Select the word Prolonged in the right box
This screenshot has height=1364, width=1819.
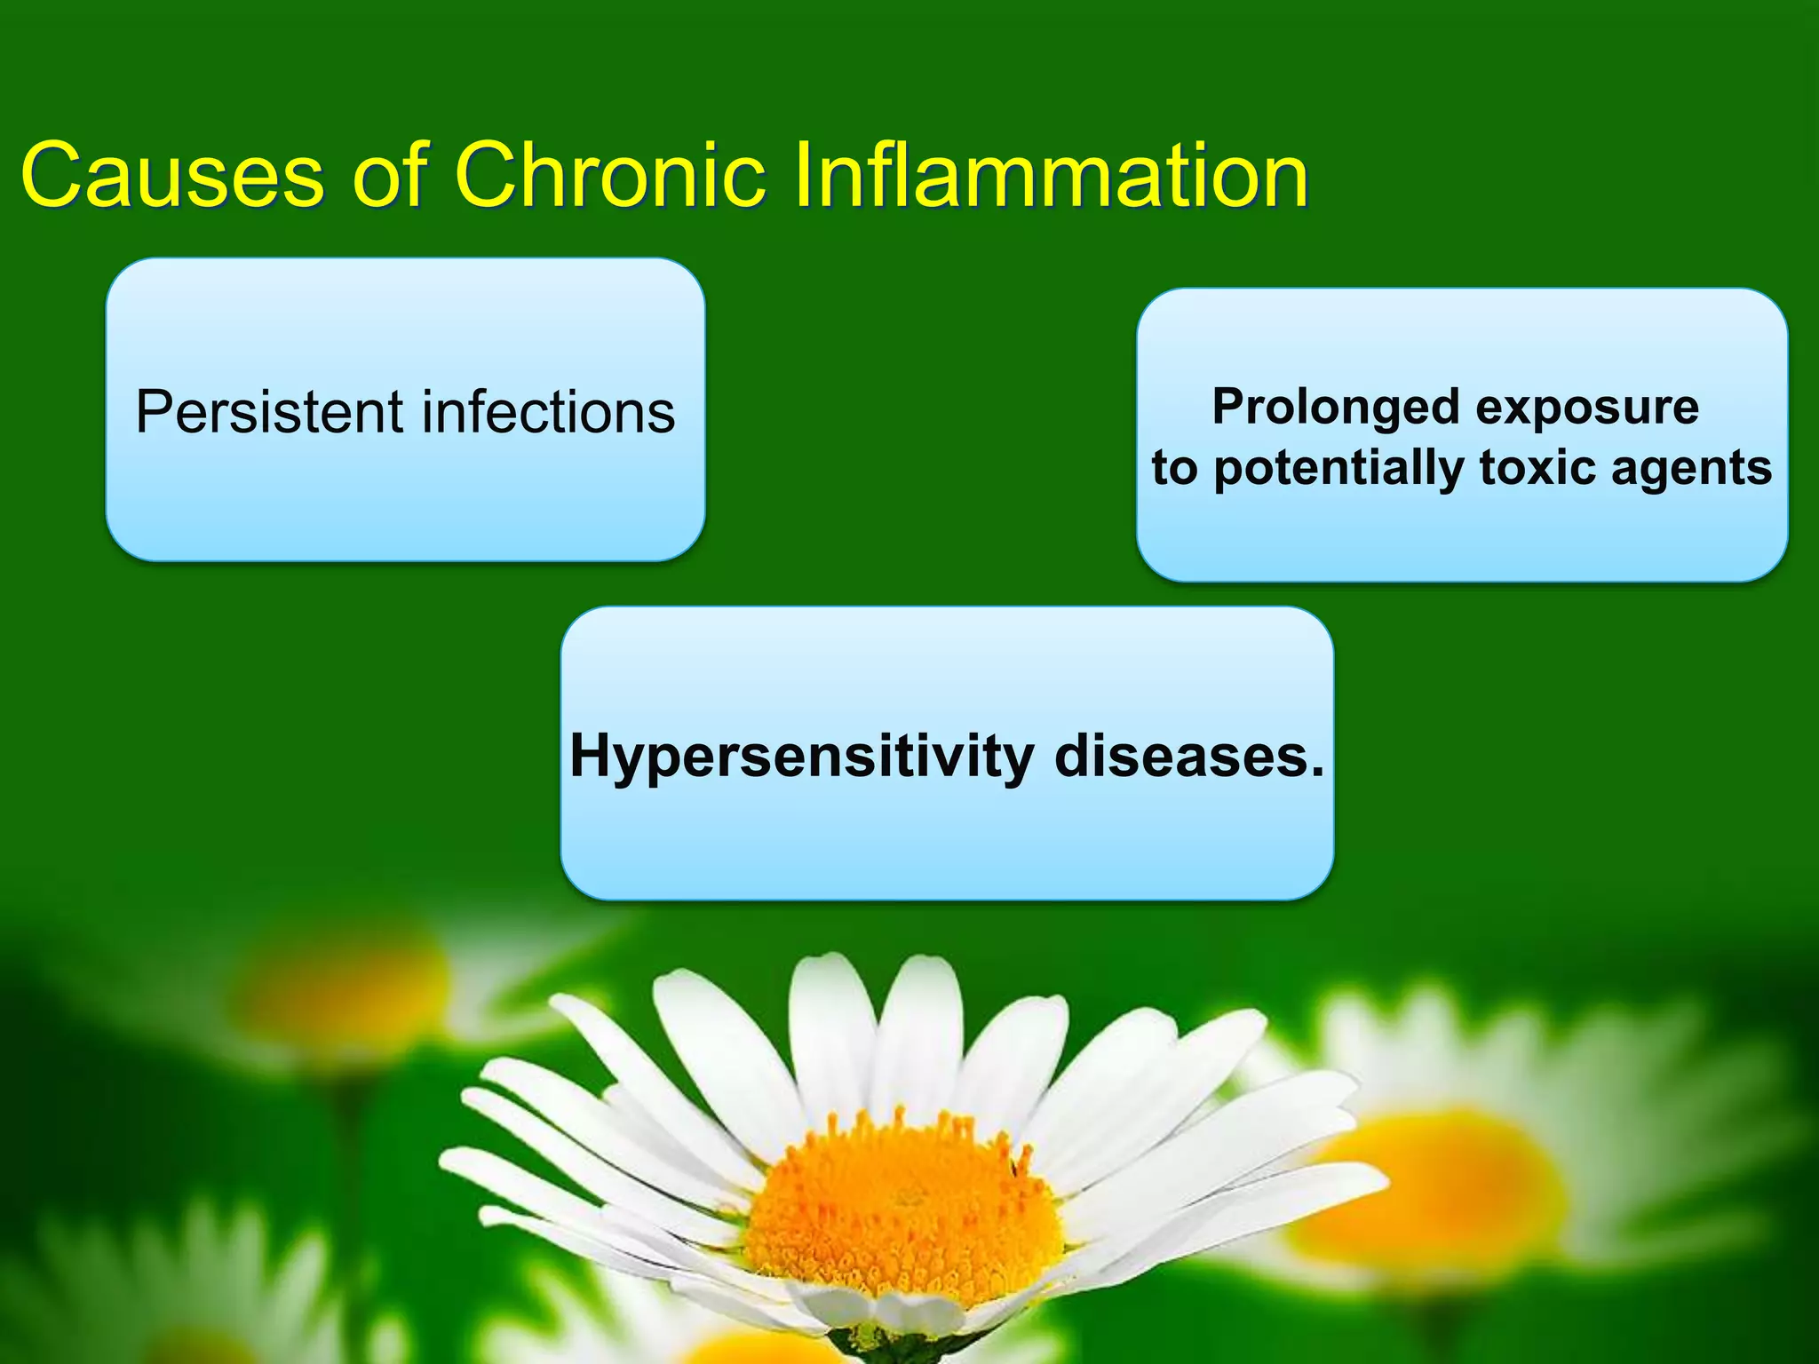pos(1336,408)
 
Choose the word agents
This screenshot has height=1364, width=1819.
pos(1692,469)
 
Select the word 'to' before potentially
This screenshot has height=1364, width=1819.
pos(1173,468)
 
